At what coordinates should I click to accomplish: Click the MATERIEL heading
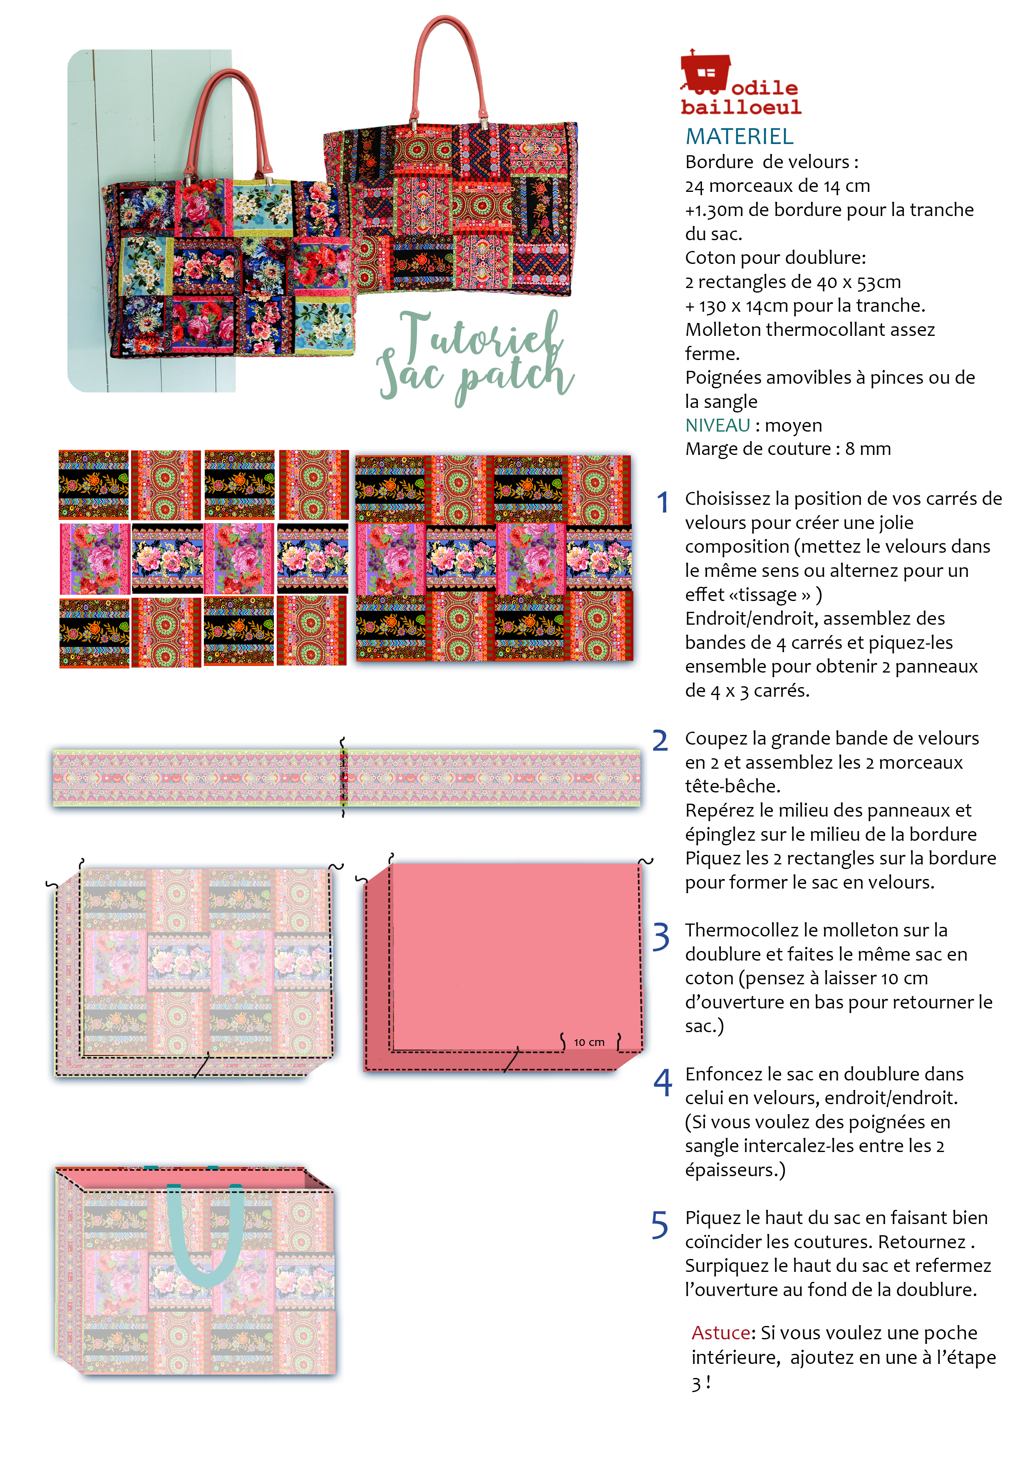(739, 136)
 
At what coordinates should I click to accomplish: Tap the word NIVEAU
(717, 425)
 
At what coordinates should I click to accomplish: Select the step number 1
(662, 502)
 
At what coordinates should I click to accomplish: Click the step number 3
(661, 937)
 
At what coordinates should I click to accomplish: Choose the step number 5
(660, 1225)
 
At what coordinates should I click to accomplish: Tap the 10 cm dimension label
(589, 1042)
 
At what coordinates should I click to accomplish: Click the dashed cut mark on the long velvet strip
(343, 777)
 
